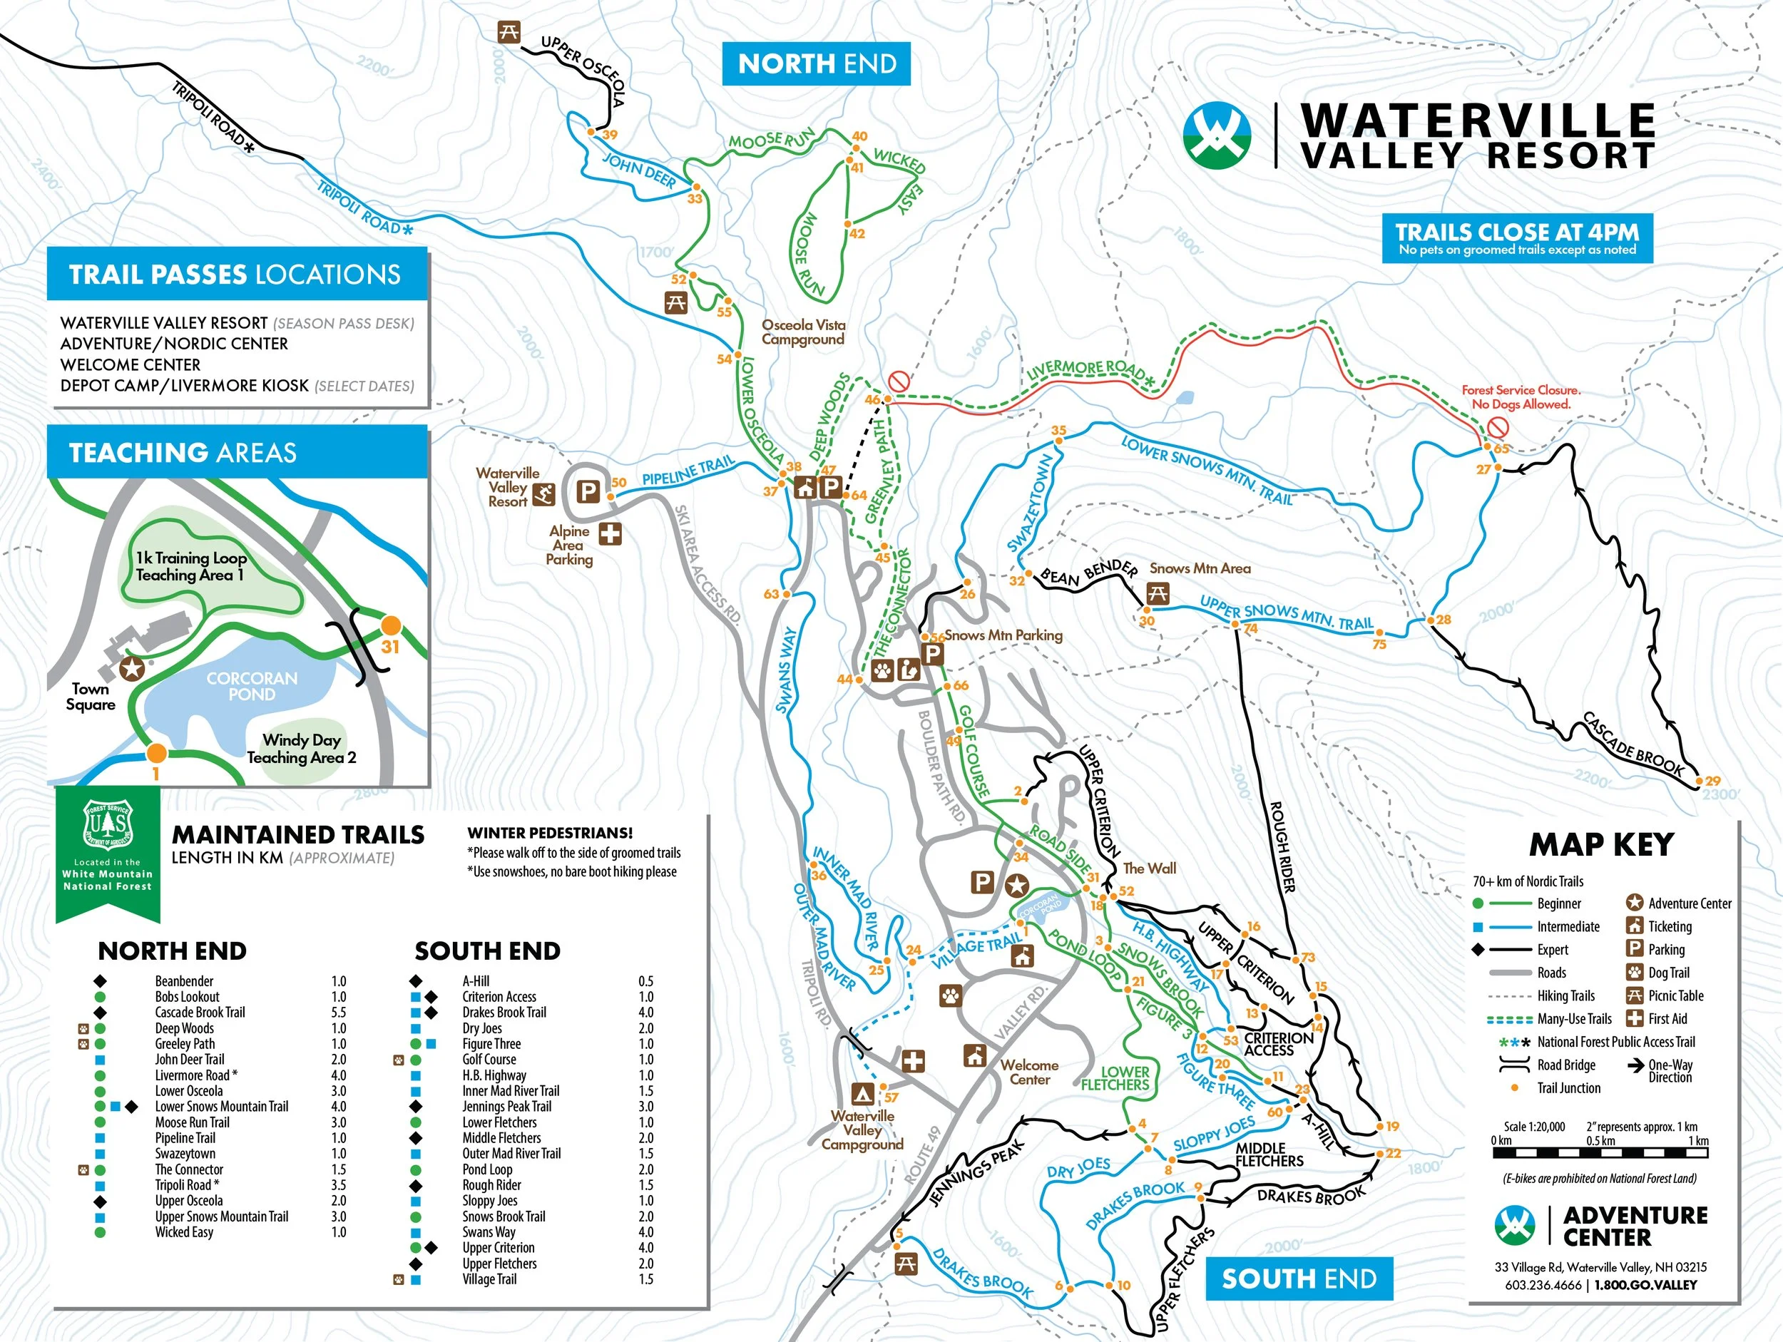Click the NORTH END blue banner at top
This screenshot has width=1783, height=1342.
coord(817,63)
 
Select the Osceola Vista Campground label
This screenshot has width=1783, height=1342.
coord(803,332)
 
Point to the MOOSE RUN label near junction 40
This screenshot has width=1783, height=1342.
coord(772,140)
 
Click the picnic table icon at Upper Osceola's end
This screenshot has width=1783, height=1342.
coord(508,33)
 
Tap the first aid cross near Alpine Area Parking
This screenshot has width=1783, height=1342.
coord(610,533)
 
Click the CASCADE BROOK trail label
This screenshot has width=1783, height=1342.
coord(1633,744)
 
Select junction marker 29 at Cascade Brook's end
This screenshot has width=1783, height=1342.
coord(1699,781)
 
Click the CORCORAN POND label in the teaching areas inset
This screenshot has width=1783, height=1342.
coord(252,686)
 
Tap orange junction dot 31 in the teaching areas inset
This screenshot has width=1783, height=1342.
coord(390,625)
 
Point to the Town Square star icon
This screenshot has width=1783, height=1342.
coord(131,668)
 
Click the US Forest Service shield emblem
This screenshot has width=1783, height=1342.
coord(107,824)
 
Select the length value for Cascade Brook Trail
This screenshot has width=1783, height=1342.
coord(339,1013)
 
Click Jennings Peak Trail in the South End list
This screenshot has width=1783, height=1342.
coord(506,1107)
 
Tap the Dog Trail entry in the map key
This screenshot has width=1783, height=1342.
coord(1669,973)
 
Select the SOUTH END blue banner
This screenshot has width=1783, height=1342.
coord(1299,1279)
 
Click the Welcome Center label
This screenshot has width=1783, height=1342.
coord(1029,1072)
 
